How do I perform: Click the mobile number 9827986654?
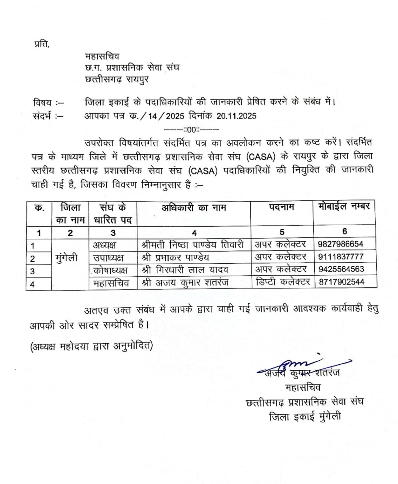pyautogui.click(x=340, y=244)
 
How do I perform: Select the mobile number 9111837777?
pyautogui.click(x=340, y=257)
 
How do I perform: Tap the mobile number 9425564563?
pyautogui.click(x=341, y=269)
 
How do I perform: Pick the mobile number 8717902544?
pyautogui.click(x=341, y=282)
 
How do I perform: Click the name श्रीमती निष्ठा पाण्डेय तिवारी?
pyautogui.click(x=193, y=244)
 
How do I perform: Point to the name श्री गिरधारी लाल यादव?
pyautogui.click(x=185, y=270)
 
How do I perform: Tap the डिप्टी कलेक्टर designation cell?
pyautogui.click(x=282, y=282)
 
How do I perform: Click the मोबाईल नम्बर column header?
pyautogui.click(x=344, y=206)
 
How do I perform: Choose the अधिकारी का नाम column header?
pyautogui.click(x=194, y=208)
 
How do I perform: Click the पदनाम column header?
pyautogui.click(x=281, y=207)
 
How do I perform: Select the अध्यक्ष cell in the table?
pyautogui.click(x=105, y=245)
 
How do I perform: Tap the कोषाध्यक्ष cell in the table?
pyautogui.click(x=110, y=270)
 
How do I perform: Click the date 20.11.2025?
pyautogui.click(x=236, y=116)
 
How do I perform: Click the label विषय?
pyautogui.click(x=42, y=103)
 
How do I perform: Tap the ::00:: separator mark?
pyautogui.click(x=191, y=130)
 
